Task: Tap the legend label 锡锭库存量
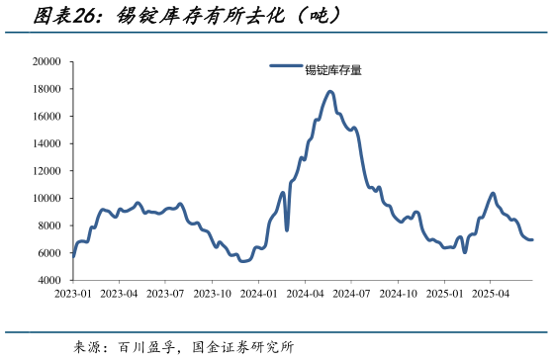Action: coord(332,69)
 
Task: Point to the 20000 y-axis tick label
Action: coord(46,62)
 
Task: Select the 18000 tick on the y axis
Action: coord(46,89)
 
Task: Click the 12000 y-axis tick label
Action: coord(46,171)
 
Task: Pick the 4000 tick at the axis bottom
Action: coord(49,281)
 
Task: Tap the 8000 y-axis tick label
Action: coord(49,225)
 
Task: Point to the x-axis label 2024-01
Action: coord(258,294)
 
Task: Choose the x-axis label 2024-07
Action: coord(351,294)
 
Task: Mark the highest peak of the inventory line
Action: coord(330,92)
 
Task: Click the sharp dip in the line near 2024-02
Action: coord(287,230)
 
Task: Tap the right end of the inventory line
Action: coord(532,239)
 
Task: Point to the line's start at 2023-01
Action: coord(73,256)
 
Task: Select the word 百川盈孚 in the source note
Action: coord(146,347)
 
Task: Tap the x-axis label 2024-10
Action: coord(398,294)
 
